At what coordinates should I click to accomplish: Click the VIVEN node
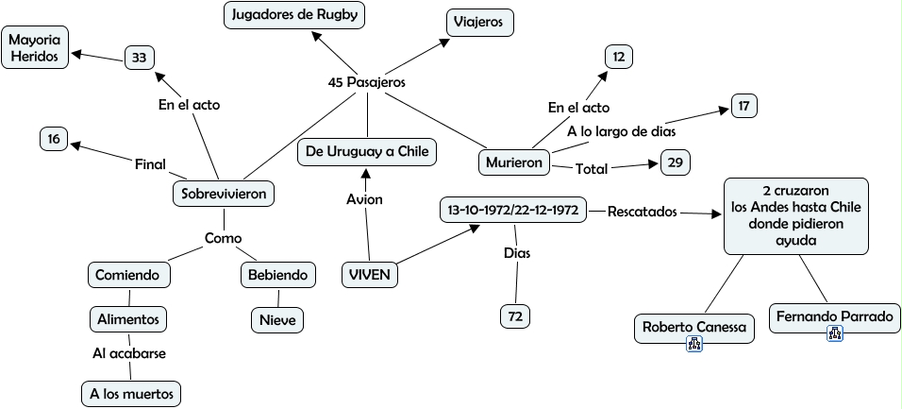369,275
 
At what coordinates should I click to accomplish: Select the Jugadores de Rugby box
294,16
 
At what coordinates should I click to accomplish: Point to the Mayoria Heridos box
34,49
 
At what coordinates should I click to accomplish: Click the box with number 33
139,58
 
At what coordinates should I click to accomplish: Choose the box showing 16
53,139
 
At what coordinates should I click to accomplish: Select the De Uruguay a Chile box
367,151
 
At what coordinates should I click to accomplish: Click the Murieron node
513,162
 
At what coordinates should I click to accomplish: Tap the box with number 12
618,58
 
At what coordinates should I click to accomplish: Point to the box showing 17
743,106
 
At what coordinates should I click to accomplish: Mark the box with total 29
675,162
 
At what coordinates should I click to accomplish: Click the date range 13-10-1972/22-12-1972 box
513,210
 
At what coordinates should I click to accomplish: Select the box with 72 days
515,316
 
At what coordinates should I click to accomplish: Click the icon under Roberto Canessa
694,345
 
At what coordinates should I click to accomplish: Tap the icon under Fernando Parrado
834,332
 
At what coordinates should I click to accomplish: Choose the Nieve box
277,320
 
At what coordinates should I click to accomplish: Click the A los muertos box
129,393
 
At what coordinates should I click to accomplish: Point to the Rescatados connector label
643,212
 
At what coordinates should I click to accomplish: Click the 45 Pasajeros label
366,83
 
